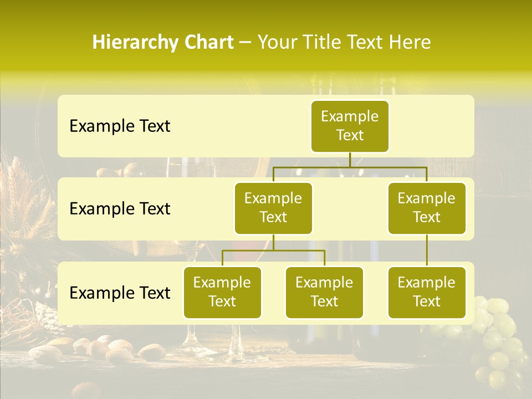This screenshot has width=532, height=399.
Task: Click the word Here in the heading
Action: coord(410,43)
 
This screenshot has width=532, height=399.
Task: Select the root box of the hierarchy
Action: coord(350,126)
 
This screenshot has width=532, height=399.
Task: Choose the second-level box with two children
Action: coord(273,208)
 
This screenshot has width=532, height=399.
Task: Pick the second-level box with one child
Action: coord(427,208)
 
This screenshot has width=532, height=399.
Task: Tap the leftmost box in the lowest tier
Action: coord(222,292)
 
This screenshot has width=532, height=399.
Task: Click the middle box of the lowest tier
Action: coord(324,292)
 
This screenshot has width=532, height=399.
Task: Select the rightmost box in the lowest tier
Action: coord(427,292)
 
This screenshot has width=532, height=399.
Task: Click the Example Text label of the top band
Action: coord(120,126)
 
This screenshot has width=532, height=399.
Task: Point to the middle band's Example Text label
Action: coord(120,209)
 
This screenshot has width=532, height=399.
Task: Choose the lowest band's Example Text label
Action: coord(120,293)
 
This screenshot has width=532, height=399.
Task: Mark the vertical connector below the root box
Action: coord(350,160)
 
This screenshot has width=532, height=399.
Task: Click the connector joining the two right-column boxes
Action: coord(427,250)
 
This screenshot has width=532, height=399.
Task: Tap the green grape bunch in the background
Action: coord(499,338)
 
